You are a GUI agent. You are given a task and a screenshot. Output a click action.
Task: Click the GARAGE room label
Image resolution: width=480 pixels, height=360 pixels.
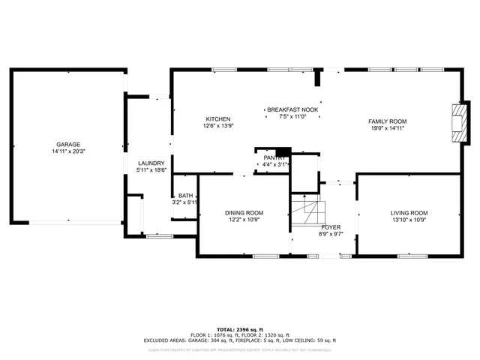(x=67, y=145)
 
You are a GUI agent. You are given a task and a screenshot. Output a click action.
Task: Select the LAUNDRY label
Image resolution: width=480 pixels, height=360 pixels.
(x=151, y=163)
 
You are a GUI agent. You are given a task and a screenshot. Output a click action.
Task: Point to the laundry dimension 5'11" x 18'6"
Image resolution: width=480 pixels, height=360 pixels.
(x=151, y=171)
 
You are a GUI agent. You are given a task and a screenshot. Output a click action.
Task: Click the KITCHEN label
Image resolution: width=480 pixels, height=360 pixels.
(x=218, y=119)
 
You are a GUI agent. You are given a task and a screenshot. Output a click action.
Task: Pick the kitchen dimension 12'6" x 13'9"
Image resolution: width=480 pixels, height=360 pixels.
(x=218, y=127)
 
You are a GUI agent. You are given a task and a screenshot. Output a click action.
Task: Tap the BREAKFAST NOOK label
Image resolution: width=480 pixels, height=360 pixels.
(x=292, y=110)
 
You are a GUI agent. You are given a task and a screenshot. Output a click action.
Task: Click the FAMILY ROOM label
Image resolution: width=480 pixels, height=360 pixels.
(x=386, y=121)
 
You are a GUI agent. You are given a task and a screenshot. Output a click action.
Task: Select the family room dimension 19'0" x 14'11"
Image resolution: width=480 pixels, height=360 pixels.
(x=386, y=129)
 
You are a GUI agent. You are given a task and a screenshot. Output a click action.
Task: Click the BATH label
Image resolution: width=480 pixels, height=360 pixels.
(x=185, y=195)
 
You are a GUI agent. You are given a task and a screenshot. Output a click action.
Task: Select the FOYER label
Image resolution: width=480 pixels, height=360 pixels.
(x=331, y=226)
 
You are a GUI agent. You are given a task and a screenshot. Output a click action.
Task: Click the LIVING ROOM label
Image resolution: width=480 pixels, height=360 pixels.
(x=409, y=213)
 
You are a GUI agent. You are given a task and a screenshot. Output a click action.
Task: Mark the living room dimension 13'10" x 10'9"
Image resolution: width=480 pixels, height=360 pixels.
(x=409, y=220)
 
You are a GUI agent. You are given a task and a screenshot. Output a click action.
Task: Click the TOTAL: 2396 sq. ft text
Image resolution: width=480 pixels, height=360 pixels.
(x=240, y=329)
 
